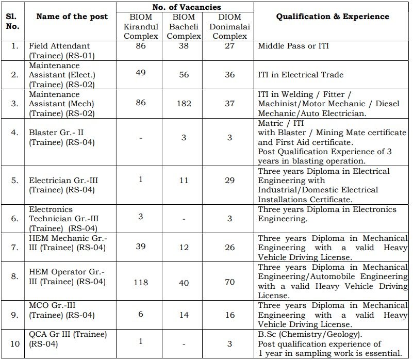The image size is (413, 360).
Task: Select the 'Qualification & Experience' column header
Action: (333, 17)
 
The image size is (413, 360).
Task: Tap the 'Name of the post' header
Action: (72, 17)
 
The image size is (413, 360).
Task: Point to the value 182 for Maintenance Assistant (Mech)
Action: (184, 104)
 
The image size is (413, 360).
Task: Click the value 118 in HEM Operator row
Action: (140, 282)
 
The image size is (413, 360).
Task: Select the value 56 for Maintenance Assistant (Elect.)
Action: (184, 74)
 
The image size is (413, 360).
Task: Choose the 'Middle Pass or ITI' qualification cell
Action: (293, 46)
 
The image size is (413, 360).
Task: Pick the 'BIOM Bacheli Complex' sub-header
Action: (184, 27)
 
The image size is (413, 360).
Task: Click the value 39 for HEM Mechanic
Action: (140, 248)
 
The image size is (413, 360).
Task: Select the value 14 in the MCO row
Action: (184, 314)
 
